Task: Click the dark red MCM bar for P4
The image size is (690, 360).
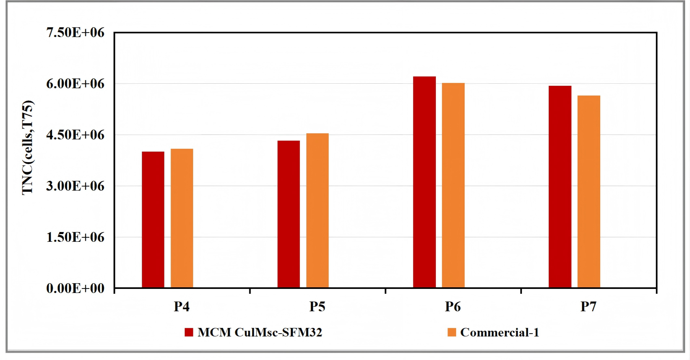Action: [x=153, y=219]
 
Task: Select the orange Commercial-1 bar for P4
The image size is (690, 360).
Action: [x=182, y=218]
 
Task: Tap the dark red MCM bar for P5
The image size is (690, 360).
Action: [x=289, y=214]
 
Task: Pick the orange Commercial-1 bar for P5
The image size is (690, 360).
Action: [x=318, y=210]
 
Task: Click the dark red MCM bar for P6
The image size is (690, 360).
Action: [x=424, y=182]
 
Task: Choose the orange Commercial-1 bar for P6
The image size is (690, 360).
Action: [x=453, y=185]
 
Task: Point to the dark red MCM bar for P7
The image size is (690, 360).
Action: [x=560, y=187]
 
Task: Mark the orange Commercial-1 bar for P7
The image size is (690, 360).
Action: [x=589, y=192]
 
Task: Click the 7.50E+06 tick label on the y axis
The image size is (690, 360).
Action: [x=76, y=33]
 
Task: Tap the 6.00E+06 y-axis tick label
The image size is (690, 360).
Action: [x=76, y=84]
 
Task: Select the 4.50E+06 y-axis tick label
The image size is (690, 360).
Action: [x=76, y=134]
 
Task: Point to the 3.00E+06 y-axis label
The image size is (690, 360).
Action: [x=76, y=186]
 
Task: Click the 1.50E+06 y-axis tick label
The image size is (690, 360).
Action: [x=76, y=237]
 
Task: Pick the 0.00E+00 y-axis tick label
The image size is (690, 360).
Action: [x=76, y=288]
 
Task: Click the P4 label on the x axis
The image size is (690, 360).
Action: [x=182, y=307]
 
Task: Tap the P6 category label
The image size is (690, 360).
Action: [x=453, y=307]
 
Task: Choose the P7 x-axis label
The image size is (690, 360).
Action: [x=588, y=307]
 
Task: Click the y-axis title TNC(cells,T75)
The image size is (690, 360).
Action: [x=28, y=147]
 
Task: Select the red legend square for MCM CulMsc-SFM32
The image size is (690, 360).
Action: [x=189, y=332]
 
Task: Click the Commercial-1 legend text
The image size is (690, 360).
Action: [x=500, y=332]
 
